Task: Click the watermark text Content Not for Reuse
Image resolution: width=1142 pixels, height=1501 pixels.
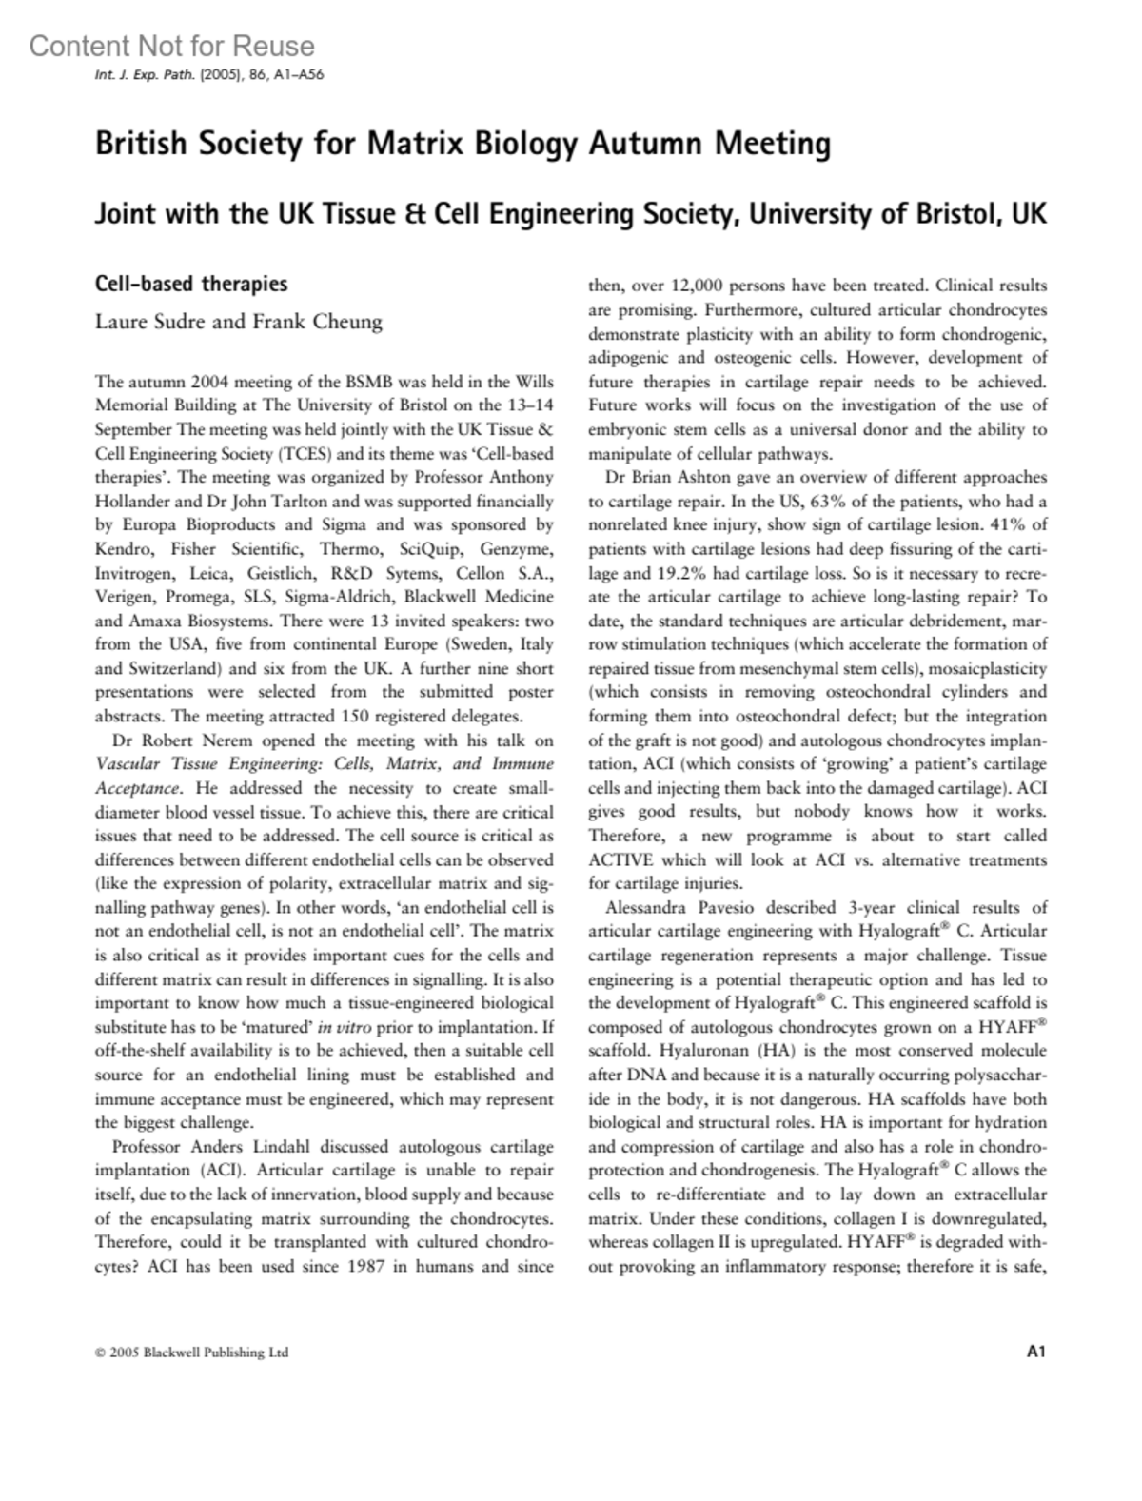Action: tap(171, 46)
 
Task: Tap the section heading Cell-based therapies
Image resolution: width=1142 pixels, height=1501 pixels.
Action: tap(191, 284)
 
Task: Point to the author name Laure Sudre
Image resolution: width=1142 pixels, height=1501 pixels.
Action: tap(150, 322)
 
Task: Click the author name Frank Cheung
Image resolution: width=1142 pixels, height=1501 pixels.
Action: tap(317, 322)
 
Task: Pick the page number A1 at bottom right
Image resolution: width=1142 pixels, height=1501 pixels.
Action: tap(1036, 1351)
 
